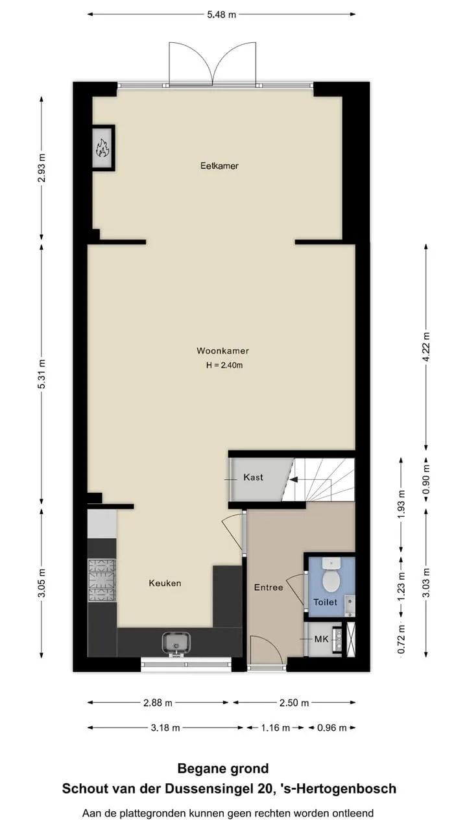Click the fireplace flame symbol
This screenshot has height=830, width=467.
102,147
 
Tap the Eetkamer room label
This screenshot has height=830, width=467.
219,165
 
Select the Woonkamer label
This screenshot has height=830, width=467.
222,351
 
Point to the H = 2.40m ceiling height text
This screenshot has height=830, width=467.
224,365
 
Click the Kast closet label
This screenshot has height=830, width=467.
254,477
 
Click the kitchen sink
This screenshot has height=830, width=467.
176,644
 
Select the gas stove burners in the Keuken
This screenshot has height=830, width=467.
102,580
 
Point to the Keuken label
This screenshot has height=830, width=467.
165,583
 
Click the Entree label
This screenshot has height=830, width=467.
269,587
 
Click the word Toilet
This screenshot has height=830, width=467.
325,602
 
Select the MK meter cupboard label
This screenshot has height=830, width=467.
321,639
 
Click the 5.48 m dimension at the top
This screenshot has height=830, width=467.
222,15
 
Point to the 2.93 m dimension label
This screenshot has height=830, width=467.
42,167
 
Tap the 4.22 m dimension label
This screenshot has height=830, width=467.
427,347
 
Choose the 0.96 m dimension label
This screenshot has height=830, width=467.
331,728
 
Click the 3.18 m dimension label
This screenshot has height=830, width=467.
165,728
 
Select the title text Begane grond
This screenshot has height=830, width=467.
223,768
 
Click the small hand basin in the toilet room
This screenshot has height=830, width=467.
350,606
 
